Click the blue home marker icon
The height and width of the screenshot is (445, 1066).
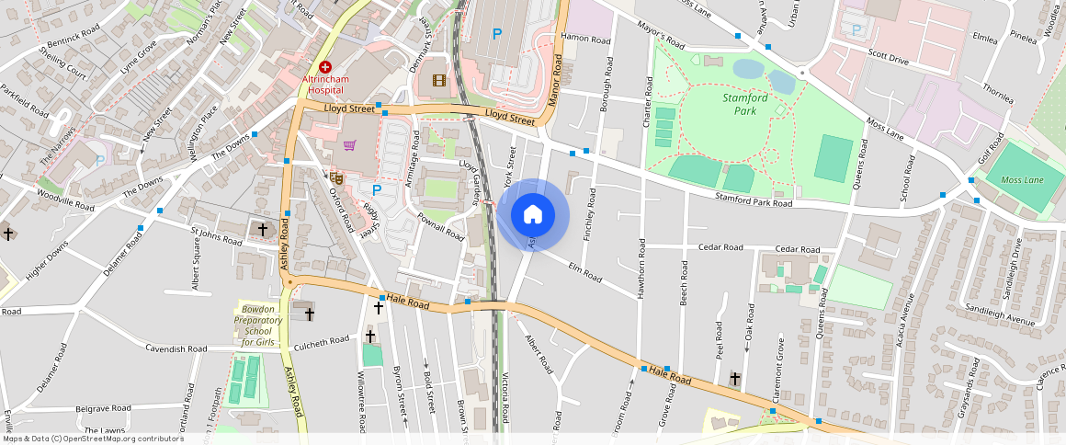click(x=532, y=215)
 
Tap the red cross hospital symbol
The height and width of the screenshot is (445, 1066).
click(x=325, y=67)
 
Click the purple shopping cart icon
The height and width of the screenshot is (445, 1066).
click(x=349, y=145)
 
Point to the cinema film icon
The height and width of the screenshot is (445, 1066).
click(x=438, y=80)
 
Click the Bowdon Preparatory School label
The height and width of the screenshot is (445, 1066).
click(x=257, y=325)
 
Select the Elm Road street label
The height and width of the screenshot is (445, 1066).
click(x=584, y=272)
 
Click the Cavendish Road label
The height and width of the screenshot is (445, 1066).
click(x=177, y=349)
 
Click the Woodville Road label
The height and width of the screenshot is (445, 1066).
click(x=65, y=200)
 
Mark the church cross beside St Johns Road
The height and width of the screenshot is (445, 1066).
click(x=262, y=228)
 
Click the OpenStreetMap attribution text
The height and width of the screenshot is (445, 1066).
click(x=94, y=439)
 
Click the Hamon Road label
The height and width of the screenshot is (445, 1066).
click(x=585, y=40)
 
